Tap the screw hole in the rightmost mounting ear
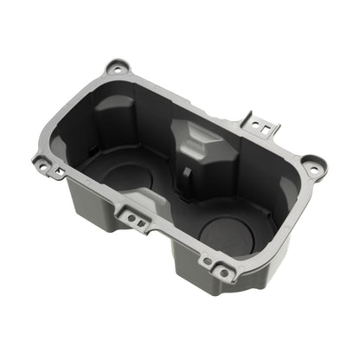312,163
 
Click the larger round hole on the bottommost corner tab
224,273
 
